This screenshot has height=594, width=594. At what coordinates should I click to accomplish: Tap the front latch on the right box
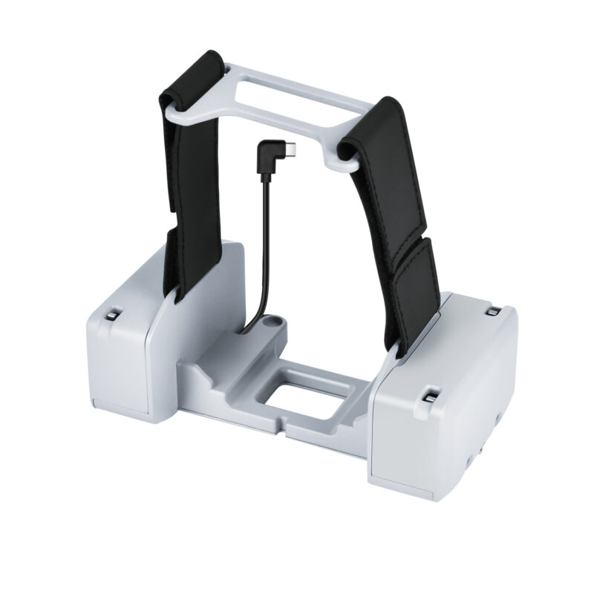coord(428,394)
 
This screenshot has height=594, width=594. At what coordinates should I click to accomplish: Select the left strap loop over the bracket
coord(191,82)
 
